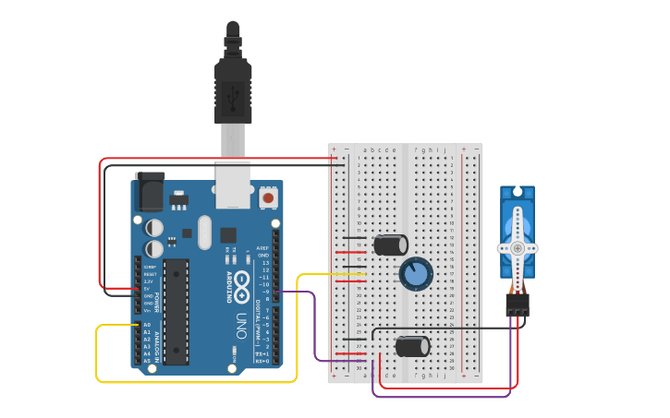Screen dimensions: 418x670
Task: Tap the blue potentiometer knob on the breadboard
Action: click(x=416, y=273)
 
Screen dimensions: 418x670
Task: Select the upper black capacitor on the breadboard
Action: click(x=390, y=245)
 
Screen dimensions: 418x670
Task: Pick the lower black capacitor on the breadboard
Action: click(x=412, y=346)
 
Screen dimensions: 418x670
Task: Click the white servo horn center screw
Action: click(x=518, y=248)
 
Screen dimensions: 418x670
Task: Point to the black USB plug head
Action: click(x=233, y=92)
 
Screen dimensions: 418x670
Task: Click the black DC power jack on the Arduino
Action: click(x=150, y=192)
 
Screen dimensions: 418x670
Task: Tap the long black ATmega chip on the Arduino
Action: click(x=177, y=311)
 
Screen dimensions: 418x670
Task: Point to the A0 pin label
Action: click(x=147, y=325)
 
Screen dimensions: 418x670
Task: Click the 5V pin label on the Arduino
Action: click(x=148, y=288)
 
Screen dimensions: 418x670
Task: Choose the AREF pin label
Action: click(x=263, y=248)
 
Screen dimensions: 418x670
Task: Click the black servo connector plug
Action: click(x=518, y=305)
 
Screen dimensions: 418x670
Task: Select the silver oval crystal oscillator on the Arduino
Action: click(x=204, y=233)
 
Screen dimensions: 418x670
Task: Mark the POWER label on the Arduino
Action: click(x=157, y=303)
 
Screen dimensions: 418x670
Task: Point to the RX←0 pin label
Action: click(x=263, y=362)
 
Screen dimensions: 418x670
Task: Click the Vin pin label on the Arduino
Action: click(x=148, y=310)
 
